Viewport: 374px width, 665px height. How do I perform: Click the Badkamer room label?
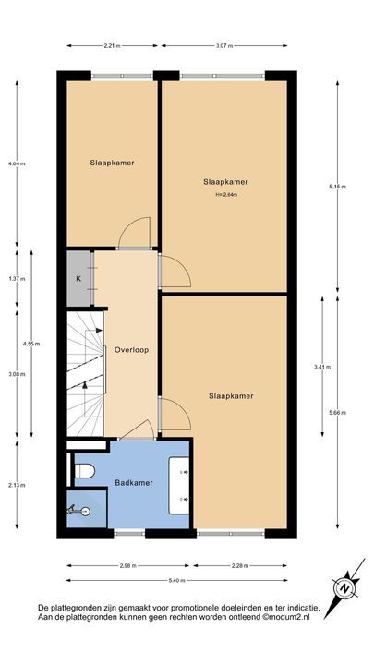[132, 483]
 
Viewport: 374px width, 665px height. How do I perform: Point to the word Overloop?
[132, 350]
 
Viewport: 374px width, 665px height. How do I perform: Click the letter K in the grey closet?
[78, 278]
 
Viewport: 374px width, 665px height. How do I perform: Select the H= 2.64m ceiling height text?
[226, 195]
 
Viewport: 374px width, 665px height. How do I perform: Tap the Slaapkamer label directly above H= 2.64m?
[226, 182]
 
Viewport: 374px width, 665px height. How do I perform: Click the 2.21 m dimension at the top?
[112, 45]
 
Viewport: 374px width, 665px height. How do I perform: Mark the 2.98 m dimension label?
[127, 565]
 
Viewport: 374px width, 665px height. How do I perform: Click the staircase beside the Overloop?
[85, 369]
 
